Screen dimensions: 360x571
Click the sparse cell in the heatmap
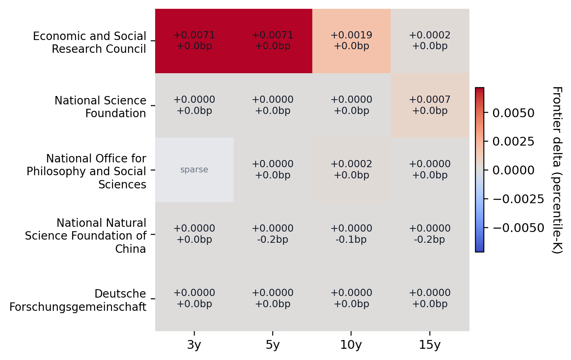(194, 170)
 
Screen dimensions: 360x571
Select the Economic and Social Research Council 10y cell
(351, 41)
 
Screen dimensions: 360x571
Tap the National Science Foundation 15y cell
(429, 105)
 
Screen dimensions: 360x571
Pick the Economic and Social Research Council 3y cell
(194, 41)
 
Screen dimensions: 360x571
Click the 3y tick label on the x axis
(194, 345)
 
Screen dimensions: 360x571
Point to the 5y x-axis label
(272, 345)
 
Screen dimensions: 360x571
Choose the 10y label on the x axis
(351, 345)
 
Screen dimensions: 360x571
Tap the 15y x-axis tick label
(429, 345)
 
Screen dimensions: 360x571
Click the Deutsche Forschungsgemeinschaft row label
(78, 300)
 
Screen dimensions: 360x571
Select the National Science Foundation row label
(100, 107)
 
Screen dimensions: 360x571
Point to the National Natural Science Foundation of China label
(86, 236)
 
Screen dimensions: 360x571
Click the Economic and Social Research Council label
(90, 42)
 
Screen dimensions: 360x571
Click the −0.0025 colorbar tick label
(518, 199)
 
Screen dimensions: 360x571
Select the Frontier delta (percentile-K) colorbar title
(557, 170)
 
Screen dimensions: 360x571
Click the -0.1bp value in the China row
(351, 240)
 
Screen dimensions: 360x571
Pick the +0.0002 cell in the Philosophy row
(351, 170)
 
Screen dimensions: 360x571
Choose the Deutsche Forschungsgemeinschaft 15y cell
(429, 298)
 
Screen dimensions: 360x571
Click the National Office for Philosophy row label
(86, 171)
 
